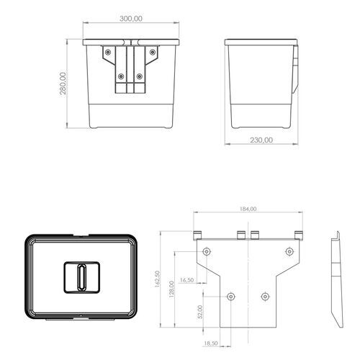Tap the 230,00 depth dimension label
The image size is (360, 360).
261,140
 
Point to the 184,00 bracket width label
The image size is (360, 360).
247,209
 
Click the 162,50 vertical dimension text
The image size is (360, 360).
157,279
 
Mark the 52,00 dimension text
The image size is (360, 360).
201,312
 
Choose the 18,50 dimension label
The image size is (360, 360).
212,344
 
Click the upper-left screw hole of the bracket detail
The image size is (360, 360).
207,251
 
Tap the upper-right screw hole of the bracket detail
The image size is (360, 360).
289,251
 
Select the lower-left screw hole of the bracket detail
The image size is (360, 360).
230,296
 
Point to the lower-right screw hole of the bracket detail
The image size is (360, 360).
266,296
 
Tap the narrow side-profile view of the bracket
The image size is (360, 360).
336,281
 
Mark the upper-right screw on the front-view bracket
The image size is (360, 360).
152,52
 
